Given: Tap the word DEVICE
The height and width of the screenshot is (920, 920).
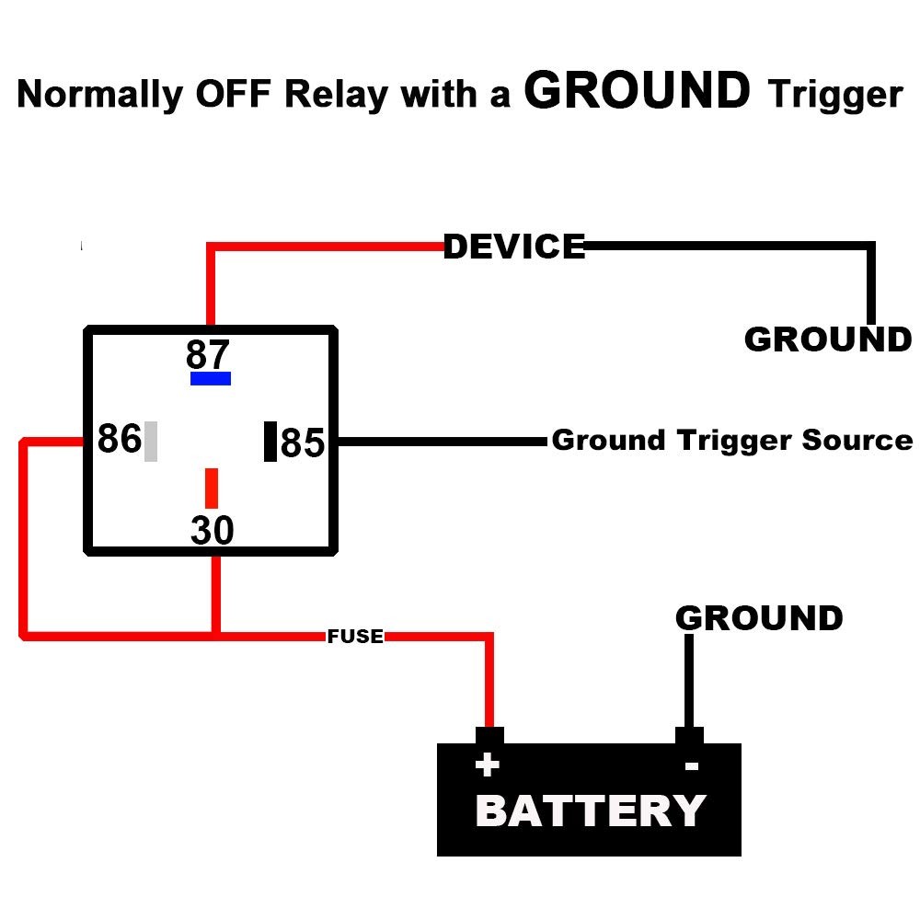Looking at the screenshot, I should click(514, 247).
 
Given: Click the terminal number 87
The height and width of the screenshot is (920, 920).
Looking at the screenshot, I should click(207, 354).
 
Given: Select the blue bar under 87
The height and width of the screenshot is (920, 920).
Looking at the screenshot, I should click(211, 378).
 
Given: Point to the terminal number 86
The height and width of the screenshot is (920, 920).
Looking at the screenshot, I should click(119, 440).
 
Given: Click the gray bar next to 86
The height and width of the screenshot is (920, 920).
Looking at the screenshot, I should click(151, 441).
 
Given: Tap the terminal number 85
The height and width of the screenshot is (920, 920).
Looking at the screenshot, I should click(303, 443).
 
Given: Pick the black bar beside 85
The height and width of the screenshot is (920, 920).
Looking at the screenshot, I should click(270, 441).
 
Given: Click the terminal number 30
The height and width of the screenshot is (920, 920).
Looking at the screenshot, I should click(213, 531).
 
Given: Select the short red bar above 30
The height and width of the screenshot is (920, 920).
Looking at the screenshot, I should click(212, 488).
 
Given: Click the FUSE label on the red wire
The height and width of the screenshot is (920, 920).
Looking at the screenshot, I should click(355, 636).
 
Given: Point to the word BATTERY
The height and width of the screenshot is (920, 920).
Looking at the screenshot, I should click(591, 811).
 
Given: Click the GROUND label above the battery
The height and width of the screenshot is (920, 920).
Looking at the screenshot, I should click(759, 618).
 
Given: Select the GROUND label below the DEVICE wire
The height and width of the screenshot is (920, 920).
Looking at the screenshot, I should click(827, 339).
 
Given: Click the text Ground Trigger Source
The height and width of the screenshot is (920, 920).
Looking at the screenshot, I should click(731, 440).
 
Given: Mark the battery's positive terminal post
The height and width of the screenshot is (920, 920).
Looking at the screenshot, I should click(489, 735).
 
